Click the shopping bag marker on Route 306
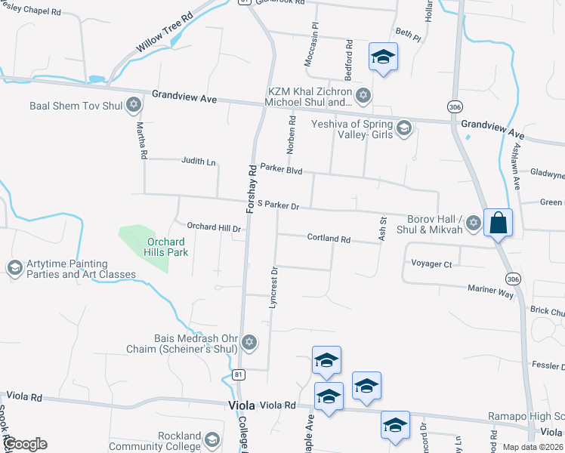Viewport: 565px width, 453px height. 499,223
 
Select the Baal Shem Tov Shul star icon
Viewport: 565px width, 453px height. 134,104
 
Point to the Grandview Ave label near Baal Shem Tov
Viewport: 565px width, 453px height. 184,97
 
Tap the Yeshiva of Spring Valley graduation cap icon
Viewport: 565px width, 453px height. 403,128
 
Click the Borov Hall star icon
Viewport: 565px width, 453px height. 473,222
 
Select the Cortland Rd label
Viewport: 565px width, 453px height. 329,239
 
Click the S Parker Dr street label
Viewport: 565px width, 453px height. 279,205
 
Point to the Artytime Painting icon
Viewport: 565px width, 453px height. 14,268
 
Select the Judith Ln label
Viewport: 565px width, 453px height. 198,162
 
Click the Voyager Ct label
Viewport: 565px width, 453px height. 431,264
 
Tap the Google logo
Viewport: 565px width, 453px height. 25,444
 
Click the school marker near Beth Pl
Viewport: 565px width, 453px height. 383,57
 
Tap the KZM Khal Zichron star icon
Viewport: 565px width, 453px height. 363,95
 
